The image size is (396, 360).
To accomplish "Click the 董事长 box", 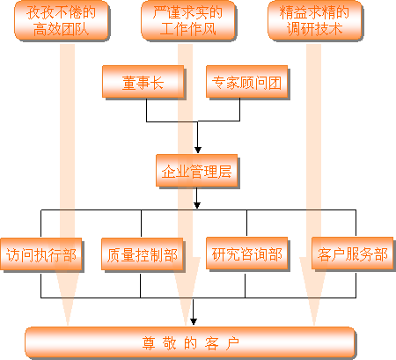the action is tap(143, 82).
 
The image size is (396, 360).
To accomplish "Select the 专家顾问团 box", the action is tap(246, 82).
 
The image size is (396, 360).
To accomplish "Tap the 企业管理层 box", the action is tap(196, 171).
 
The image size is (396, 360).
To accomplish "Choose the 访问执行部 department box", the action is tap(41, 254).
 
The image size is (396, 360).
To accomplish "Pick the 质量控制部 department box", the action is tap(143, 254).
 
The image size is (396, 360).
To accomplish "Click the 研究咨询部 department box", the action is tap(246, 253).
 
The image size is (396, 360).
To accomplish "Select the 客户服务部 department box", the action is tap(352, 253).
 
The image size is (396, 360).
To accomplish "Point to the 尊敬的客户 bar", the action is tap(190, 342).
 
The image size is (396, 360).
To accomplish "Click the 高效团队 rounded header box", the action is tap(62, 20).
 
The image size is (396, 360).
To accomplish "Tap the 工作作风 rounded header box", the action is tap(188, 20).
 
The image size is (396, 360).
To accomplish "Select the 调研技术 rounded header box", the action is tap(315, 20).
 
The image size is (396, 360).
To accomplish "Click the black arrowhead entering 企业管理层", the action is tap(198, 150).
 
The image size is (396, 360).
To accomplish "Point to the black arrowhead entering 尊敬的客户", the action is tap(194, 321).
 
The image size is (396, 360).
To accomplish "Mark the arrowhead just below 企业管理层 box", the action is tap(197, 205).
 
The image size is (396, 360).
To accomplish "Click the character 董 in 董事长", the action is tap(129, 83).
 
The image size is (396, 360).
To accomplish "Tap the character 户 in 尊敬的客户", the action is tap(232, 343).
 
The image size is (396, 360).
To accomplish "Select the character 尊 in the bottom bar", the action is tap(149, 343).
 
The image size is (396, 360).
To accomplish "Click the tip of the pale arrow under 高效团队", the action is tap(68, 325).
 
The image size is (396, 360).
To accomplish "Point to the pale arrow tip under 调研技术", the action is tap(314, 325).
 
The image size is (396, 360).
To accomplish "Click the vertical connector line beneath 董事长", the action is tap(146, 110).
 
